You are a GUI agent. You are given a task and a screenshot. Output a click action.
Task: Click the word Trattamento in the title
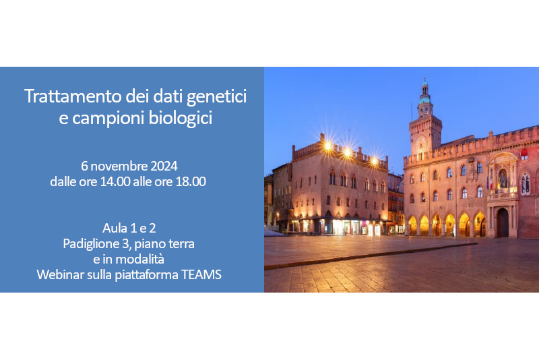click(73, 96)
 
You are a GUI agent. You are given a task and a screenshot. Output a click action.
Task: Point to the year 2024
click(164, 167)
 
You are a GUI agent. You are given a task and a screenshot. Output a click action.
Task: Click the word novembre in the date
click(119, 167)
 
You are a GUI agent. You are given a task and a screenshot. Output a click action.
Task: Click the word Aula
click(115, 229)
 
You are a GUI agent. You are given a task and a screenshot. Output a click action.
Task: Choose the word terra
click(183, 244)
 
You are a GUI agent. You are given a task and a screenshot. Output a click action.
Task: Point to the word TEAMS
click(201, 275)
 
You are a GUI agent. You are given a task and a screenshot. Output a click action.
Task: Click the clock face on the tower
click(422, 143)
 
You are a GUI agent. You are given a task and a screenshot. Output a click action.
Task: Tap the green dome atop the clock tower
click(425, 100)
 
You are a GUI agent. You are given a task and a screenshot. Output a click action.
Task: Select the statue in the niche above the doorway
click(503, 179)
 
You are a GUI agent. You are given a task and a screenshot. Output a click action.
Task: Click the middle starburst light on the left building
click(348, 152)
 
